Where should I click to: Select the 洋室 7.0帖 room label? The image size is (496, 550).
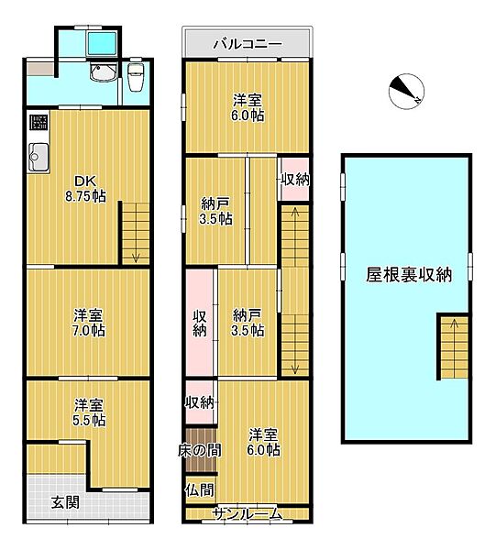(88, 322)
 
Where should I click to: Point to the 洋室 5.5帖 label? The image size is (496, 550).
(88, 412)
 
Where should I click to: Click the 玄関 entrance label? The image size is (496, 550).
(63, 501)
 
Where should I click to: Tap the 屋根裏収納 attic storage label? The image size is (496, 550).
(408, 274)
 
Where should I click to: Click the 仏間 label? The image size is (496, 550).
(199, 489)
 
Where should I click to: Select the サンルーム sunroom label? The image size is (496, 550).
(248, 514)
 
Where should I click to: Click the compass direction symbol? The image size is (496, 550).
(405, 90)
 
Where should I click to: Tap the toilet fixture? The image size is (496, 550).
(137, 79)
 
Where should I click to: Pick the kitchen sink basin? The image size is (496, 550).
(38, 158)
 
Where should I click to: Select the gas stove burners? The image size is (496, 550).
(38, 122)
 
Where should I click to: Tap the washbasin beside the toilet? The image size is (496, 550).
(100, 76)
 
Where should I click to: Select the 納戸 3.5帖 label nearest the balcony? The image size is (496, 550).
(216, 212)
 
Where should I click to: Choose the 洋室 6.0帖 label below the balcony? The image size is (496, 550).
(247, 107)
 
